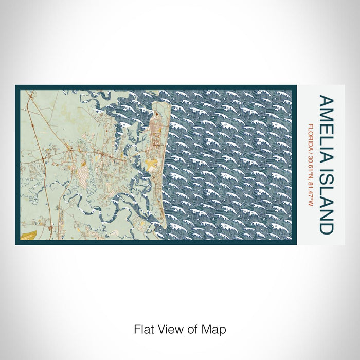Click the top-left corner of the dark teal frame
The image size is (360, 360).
[x=16, y=86]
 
